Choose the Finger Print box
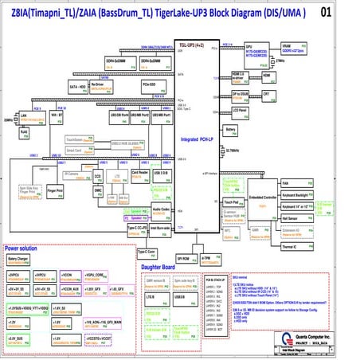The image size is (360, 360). tap(55, 192)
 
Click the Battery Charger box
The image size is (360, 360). tap(18, 260)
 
